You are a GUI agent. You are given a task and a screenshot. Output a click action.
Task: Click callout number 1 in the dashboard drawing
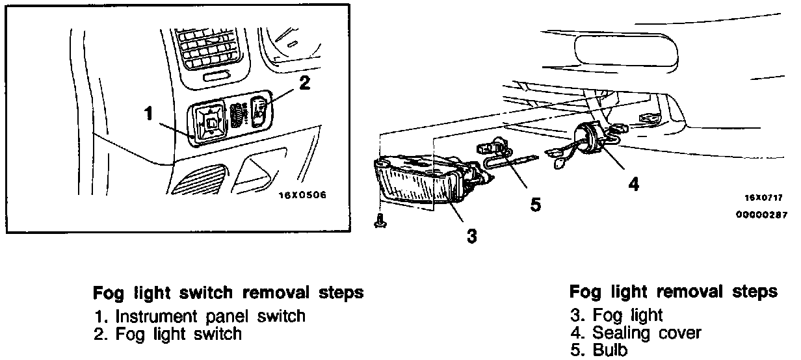pyautogui.click(x=148, y=114)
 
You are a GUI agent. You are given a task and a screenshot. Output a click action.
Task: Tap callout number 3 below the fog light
pyautogui.click(x=471, y=236)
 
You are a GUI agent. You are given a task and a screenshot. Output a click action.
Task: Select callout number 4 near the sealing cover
pyautogui.click(x=632, y=184)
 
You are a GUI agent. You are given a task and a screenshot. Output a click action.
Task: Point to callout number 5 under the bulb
pyautogui.click(x=534, y=205)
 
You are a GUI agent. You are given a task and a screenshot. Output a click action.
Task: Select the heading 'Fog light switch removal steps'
pyautogui.click(x=228, y=292)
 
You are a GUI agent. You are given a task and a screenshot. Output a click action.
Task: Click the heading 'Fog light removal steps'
pyautogui.click(x=673, y=291)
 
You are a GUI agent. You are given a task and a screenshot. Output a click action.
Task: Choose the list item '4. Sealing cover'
pyautogui.click(x=636, y=333)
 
